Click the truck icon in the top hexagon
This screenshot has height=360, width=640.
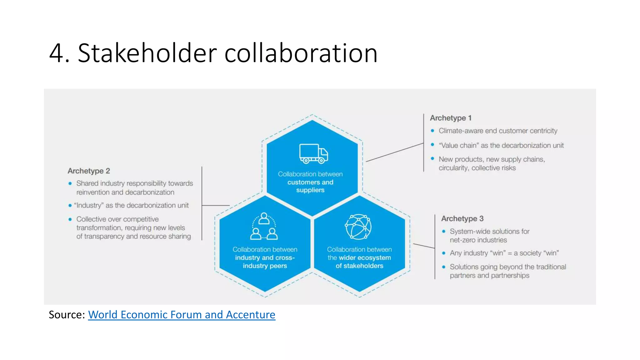(x=313, y=153)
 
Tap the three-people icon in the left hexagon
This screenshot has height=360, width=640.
(x=264, y=226)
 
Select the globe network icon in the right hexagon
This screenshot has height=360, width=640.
(x=358, y=227)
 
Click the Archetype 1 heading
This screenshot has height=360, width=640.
(x=450, y=118)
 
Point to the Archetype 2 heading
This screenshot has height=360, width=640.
(x=89, y=171)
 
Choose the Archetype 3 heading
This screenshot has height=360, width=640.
(x=462, y=218)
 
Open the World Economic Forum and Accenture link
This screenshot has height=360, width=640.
(x=182, y=315)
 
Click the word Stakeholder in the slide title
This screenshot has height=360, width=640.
(x=147, y=53)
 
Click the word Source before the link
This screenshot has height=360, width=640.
(x=66, y=315)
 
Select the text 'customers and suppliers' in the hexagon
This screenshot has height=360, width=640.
(x=310, y=186)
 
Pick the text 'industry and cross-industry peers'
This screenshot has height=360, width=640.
(x=265, y=262)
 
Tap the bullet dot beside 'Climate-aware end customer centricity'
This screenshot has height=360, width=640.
(x=432, y=131)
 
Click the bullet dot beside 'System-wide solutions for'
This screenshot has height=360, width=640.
(x=443, y=231)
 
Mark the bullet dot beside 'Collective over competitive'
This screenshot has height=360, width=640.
(x=70, y=219)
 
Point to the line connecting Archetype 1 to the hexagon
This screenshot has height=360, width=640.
(x=394, y=152)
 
